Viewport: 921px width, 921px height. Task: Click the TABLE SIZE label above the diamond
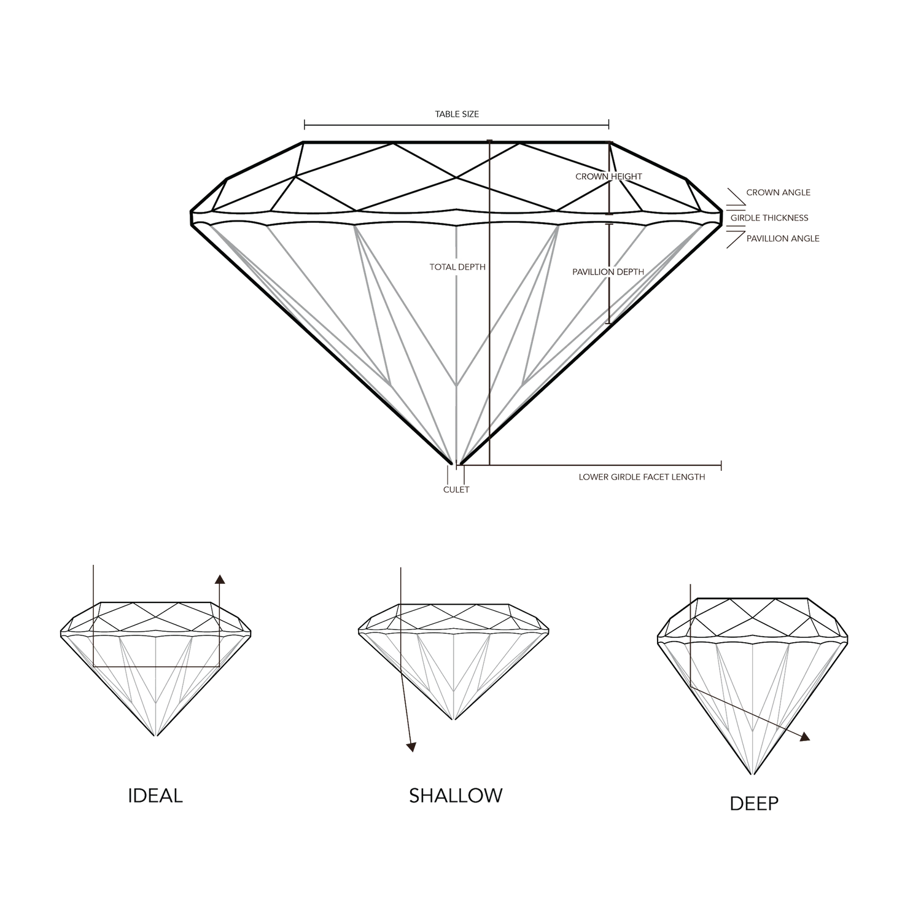[x=456, y=114]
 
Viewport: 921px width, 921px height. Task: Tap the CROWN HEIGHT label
[x=608, y=177]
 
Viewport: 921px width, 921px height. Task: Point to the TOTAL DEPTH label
[x=459, y=267]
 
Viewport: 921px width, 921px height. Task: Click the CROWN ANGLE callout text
[x=778, y=193]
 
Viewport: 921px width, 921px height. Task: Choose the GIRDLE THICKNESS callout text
[x=769, y=218]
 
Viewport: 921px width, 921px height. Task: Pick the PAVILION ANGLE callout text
[x=783, y=238]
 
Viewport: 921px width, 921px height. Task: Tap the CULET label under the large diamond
[x=456, y=489]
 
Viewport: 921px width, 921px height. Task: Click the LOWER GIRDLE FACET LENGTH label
[x=642, y=476]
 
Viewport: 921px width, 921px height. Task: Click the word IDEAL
[x=155, y=796]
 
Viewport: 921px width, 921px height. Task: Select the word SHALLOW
[x=456, y=796]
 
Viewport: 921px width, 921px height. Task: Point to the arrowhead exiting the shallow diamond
[x=412, y=746]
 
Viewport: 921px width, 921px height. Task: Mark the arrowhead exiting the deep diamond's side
[x=805, y=737]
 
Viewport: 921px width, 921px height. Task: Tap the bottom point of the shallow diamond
[x=453, y=720]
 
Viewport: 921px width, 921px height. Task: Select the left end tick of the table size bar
[x=303, y=125]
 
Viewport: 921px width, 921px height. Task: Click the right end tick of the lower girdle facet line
[x=721, y=465]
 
